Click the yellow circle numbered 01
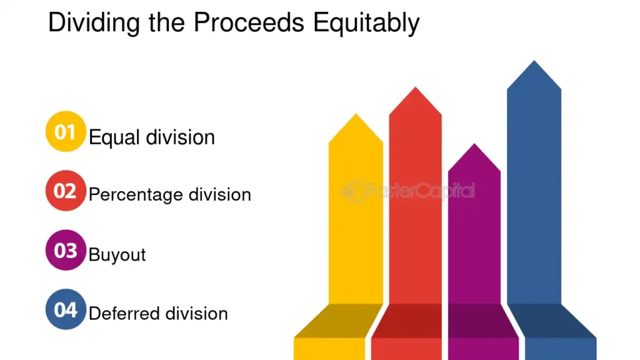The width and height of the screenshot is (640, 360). tap(66, 131)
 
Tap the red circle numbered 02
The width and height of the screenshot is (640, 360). tap(66, 191)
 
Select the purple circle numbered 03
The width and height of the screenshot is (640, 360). tap(66, 250)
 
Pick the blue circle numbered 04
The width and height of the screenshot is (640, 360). tap(66, 309)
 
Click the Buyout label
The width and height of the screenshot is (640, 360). tap(117, 255)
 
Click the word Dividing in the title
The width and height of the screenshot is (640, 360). tap(94, 23)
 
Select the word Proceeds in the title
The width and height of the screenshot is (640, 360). tap(249, 22)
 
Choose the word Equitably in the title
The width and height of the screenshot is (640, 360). tap(366, 23)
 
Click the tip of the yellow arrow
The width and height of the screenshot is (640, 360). tap(356, 114)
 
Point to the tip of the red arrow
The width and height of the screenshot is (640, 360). tap(416, 87)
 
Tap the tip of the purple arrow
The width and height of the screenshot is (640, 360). tap(474, 144)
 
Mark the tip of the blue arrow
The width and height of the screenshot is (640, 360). tap(534, 61)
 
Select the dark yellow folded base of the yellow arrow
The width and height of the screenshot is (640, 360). tap(339, 321)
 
